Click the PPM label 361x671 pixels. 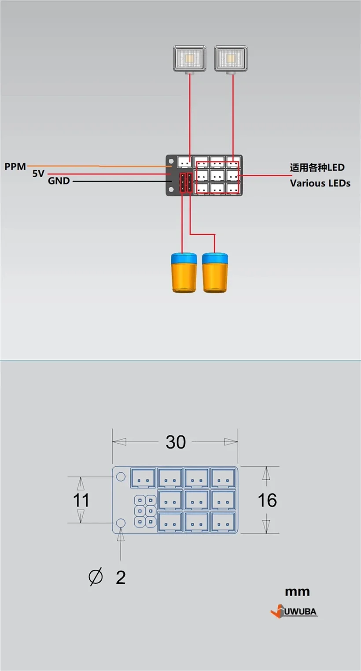(15, 167)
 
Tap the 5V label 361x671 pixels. (38, 174)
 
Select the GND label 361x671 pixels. (59, 181)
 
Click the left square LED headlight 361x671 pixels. (190, 58)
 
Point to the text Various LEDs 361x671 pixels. (320, 183)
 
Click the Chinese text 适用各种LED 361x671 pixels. (317, 167)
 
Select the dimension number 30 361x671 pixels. (176, 442)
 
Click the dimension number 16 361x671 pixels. (267, 500)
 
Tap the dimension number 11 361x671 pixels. (81, 500)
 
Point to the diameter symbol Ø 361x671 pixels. (96, 577)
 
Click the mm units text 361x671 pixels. (297, 592)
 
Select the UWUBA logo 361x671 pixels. (294, 612)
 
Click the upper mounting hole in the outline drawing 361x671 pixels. (120, 477)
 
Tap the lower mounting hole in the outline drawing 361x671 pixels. (120, 523)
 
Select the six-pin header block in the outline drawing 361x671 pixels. (145, 511)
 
